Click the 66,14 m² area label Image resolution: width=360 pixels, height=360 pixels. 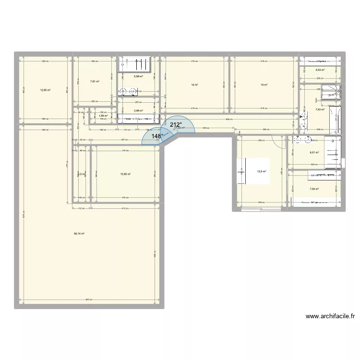(x=79, y=234)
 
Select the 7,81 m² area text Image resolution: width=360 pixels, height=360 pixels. (x=95, y=81)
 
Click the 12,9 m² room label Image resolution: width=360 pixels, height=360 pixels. (x=262, y=171)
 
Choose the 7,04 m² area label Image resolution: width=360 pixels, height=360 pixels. (x=314, y=189)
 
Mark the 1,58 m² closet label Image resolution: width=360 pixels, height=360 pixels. (x=103, y=115)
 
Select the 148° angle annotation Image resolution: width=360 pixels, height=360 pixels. (x=156, y=136)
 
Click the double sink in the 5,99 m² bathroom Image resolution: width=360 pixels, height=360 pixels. (x=128, y=91)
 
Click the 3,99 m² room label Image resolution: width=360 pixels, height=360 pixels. (x=138, y=110)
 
